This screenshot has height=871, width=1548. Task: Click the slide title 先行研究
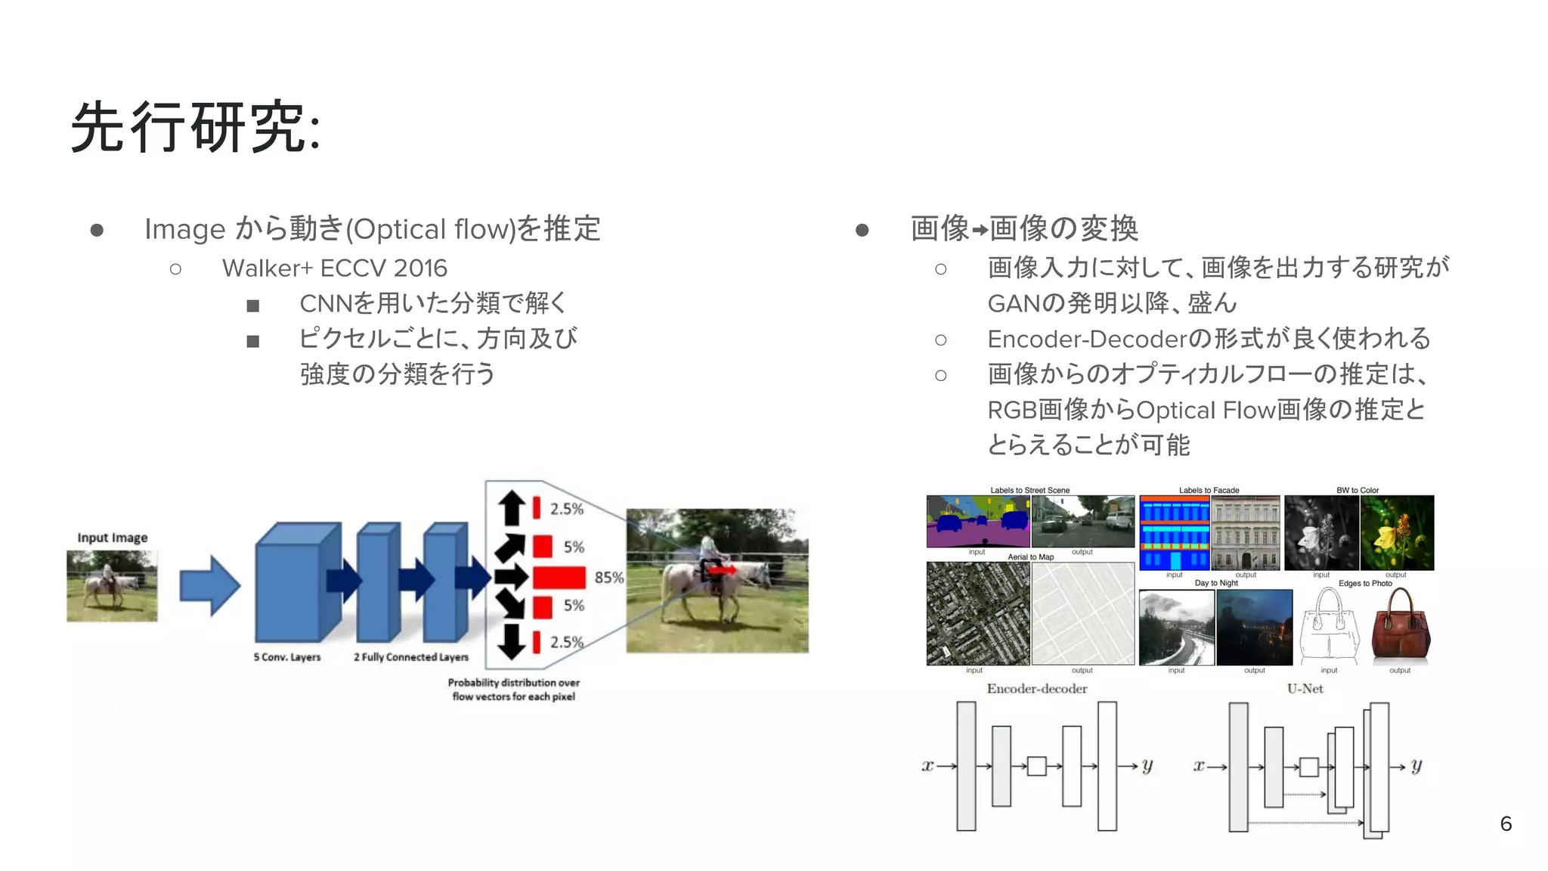coord(195,127)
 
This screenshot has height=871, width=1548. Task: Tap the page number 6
coord(1506,823)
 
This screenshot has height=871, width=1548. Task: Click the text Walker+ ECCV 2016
coord(334,268)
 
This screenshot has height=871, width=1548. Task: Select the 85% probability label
coord(608,578)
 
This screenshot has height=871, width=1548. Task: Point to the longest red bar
coord(559,578)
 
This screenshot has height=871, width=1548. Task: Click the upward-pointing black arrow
coord(512,507)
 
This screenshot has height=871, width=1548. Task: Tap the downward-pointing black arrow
coord(512,641)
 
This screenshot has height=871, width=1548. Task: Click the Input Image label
coord(112,538)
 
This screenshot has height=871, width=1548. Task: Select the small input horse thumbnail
coord(112,586)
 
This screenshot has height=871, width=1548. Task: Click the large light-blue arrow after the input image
coord(209,586)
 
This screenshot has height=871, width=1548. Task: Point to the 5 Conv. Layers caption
coord(287,657)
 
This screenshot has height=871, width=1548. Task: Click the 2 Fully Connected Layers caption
coord(411,657)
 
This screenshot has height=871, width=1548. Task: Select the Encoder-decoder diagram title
coord(1036,689)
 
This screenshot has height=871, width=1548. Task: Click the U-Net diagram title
coord(1305,689)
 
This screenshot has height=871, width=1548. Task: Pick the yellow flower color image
coord(1397,532)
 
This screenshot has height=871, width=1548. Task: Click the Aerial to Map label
coord(1030,557)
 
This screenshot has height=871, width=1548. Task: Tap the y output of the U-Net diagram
coord(1416,766)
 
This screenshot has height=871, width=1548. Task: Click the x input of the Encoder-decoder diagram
coord(927,766)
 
